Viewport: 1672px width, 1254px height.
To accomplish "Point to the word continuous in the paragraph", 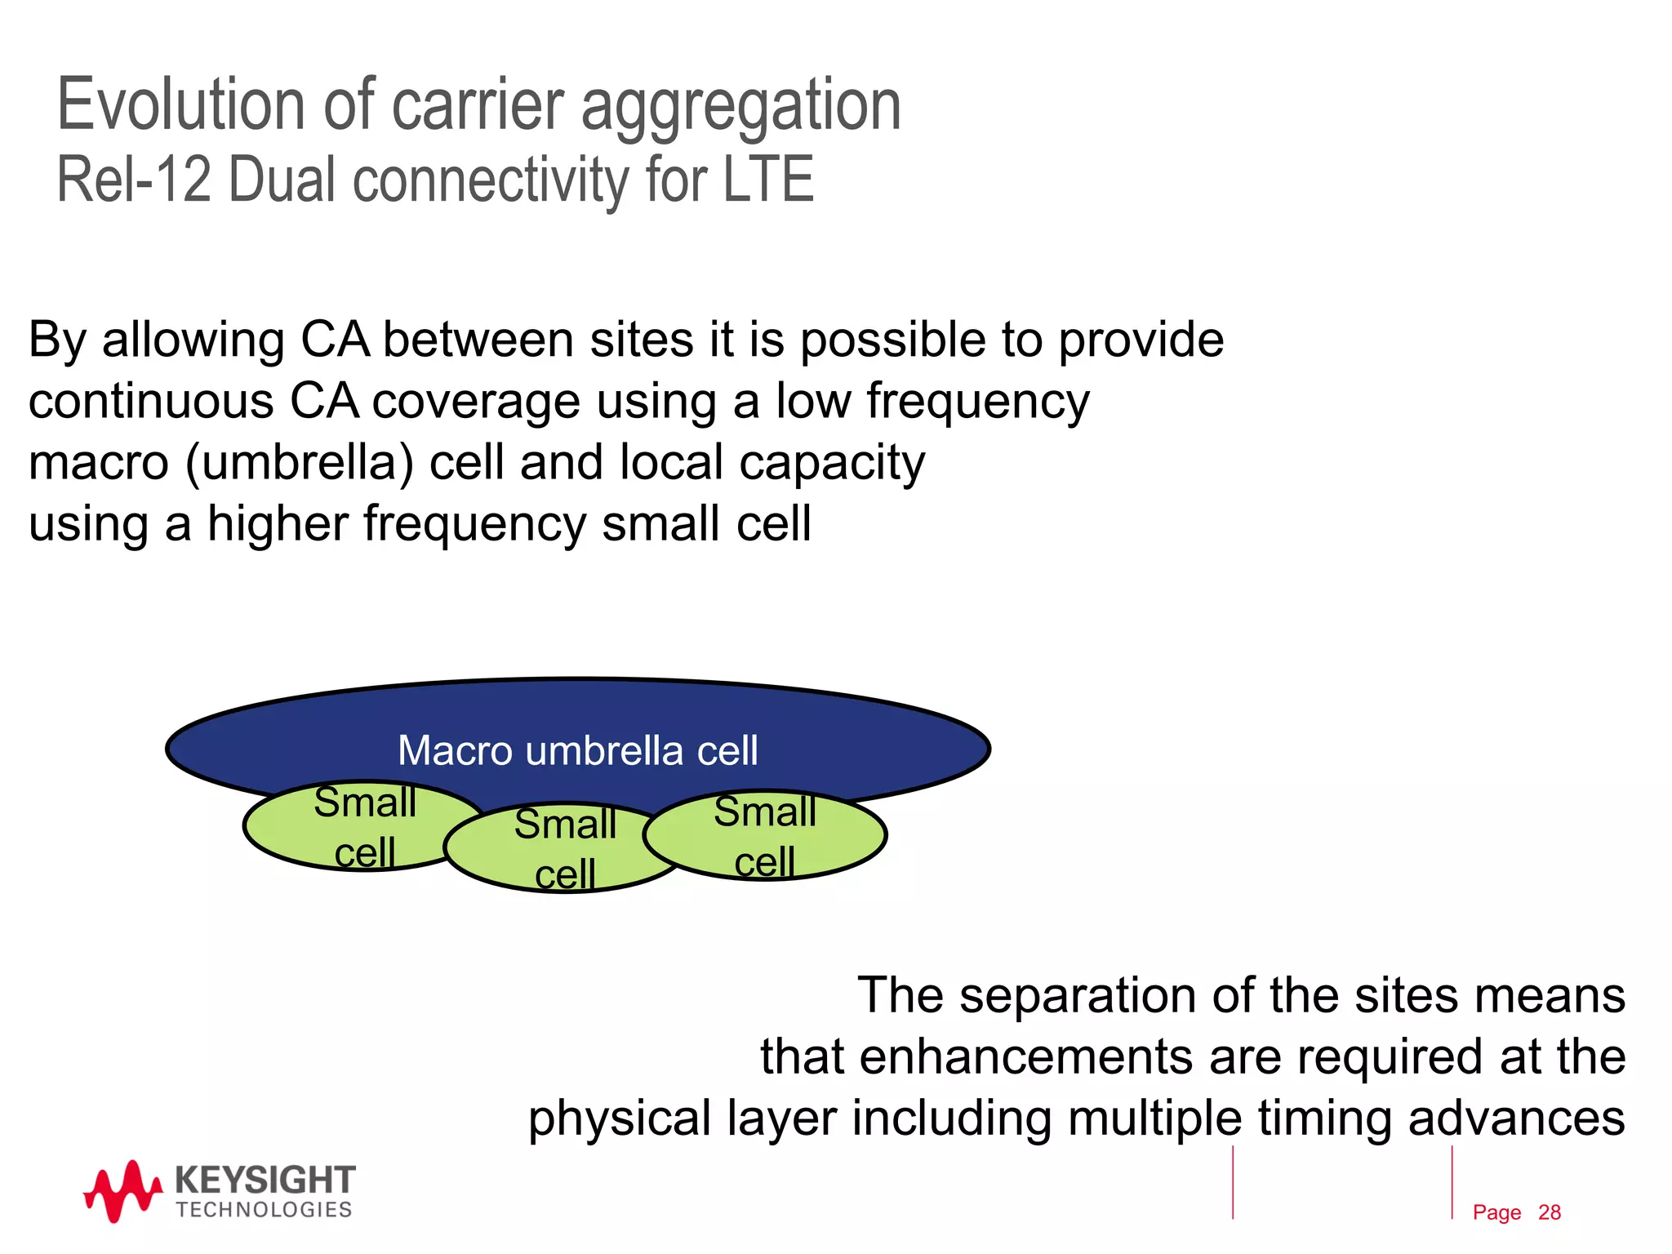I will click(x=151, y=401).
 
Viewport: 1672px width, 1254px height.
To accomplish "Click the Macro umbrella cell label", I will click(x=577, y=750).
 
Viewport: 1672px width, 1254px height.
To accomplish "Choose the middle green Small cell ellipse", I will click(x=564, y=849).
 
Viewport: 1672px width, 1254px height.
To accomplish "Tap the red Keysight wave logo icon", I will click(x=122, y=1192).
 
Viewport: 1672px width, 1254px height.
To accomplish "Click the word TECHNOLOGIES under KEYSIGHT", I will click(x=264, y=1210).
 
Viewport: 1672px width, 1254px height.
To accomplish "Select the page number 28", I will click(x=1549, y=1212).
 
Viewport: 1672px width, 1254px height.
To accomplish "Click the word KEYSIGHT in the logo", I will click(x=265, y=1181).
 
